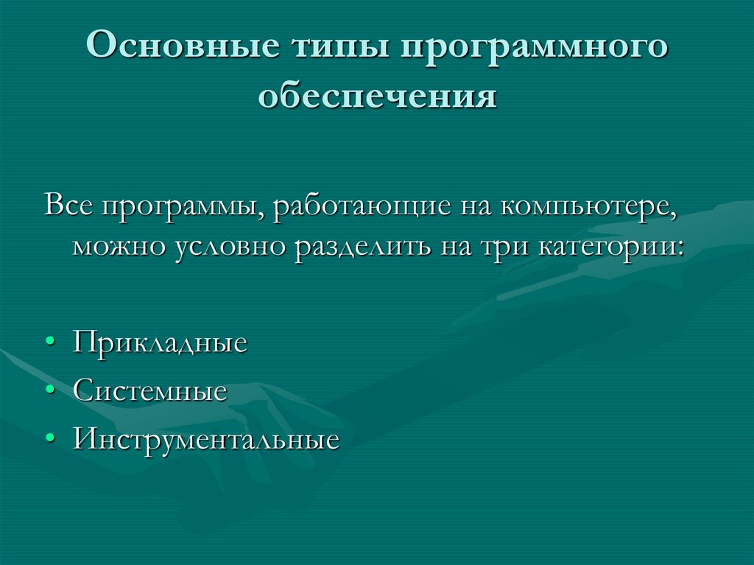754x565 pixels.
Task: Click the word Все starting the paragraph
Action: coord(68,206)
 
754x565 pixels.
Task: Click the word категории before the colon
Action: coord(602,248)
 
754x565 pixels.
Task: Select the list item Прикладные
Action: coord(160,344)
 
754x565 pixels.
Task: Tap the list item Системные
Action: coord(149,390)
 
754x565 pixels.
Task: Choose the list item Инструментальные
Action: coord(206,440)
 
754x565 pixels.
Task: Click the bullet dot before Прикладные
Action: coord(49,344)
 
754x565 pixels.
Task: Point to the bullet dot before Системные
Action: coord(49,391)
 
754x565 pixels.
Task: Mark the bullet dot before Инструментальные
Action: coord(49,440)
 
